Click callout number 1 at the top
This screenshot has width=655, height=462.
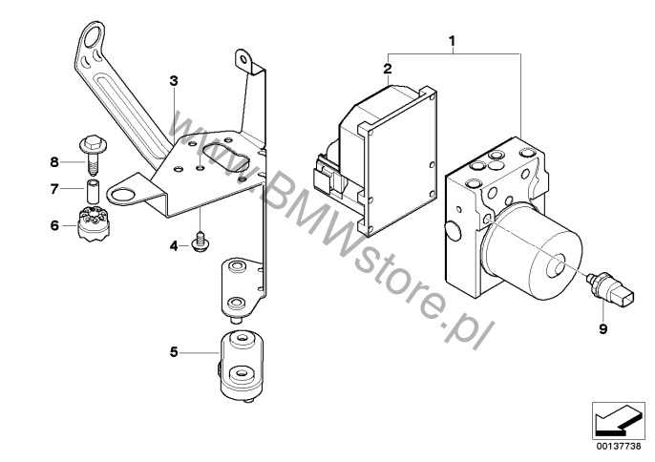pyautogui.click(x=452, y=41)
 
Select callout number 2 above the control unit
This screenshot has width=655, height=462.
pyautogui.click(x=388, y=69)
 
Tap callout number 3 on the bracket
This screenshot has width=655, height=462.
pyautogui.click(x=174, y=81)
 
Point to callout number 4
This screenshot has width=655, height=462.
pyautogui.click(x=174, y=246)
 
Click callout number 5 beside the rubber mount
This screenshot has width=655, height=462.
pyautogui.click(x=174, y=352)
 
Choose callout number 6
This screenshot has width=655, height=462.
pyautogui.click(x=54, y=225)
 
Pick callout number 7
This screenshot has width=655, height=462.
pyautogui.click(x=53, y=189)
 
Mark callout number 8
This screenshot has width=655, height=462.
pyautogui.click(x=54, y=161)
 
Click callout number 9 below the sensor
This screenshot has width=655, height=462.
pyautogui.click(x=602, y=329)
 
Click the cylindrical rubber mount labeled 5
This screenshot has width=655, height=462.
pyautogui.click(x=242, y=367)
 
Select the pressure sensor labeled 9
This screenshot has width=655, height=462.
pyautogui.click(x=611, y=287)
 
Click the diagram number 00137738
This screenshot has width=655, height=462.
pyautogui.click(x=619, y=446)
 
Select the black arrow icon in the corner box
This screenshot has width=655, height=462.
pyautogui.click(x=617, y=421)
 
